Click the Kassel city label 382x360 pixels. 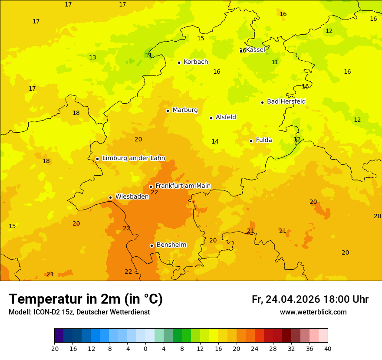pos(256,50)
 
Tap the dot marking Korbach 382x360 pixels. pos(179,62)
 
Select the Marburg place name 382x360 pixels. pos(185,110)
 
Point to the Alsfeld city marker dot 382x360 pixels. pos(211,118)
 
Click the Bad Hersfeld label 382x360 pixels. pos(286,101)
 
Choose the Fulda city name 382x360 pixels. pos(264,140)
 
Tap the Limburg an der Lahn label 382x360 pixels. pos(133,158)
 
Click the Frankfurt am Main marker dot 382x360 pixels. pos(151,187)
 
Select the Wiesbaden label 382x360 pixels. pos(132,196)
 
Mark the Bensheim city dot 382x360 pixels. pos(151,245)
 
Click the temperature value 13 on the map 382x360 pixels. pos(92,57)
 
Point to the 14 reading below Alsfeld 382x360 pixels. pos(215,141)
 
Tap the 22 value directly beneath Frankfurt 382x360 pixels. pos(154,192)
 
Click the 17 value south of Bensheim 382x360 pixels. pos(171,262)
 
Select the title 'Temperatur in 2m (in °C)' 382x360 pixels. pos(86,299)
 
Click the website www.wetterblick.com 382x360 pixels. pos(313,312)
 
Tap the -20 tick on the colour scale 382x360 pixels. pos(54,348)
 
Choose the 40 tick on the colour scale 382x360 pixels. pos(327,348)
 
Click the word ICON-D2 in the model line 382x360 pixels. pos(44,312)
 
